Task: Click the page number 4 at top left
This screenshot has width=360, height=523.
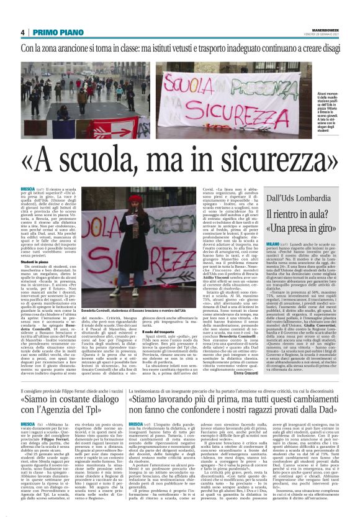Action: (x=22, y=32)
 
